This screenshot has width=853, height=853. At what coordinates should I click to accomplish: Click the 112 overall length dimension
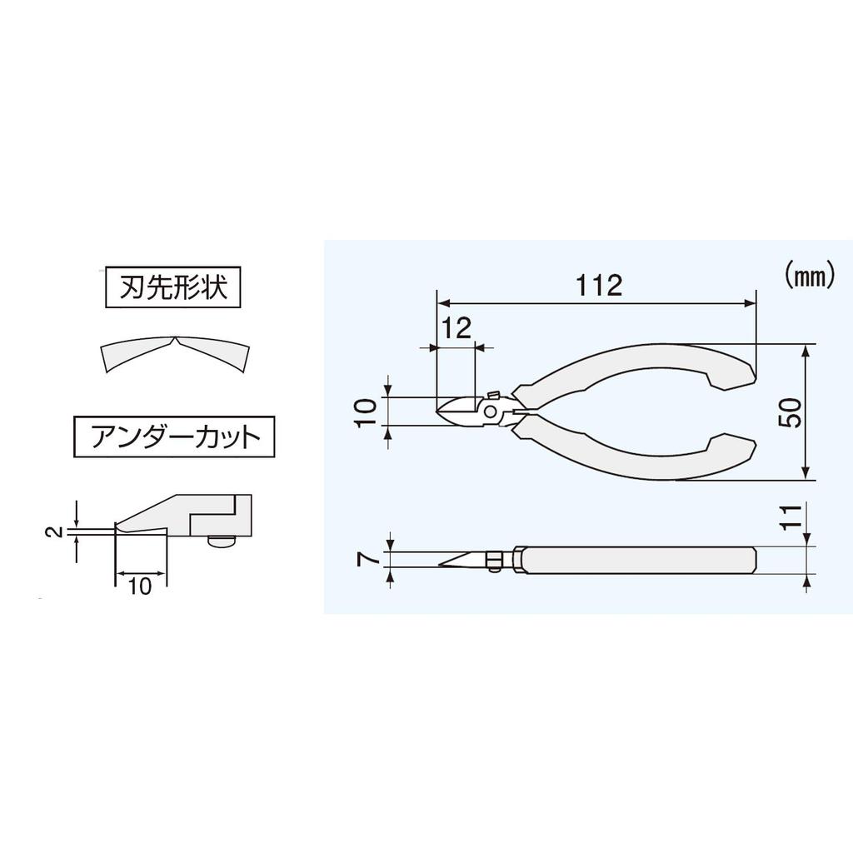pyautogui.click(x=599, y=286)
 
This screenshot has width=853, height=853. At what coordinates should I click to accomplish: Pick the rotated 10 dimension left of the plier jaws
pyautogui.click(x=365, y=412)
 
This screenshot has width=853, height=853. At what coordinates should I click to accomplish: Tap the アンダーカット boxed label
pyautogui.click(x=174, y=436)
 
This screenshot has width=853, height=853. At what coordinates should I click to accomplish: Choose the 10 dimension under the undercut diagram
pyautogui.click(x=140, y=586)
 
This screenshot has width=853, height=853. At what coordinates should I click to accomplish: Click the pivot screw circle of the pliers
pyautogui.click(x=491, y=412)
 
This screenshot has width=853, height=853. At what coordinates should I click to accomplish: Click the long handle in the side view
pyautogui.click(x=637, y=560)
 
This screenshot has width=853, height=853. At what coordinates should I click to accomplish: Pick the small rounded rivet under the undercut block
pyautogui.click(x=221, y=541)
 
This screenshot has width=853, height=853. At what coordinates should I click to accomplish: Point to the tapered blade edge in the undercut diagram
pyautogui.click(x=142, y=521)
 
